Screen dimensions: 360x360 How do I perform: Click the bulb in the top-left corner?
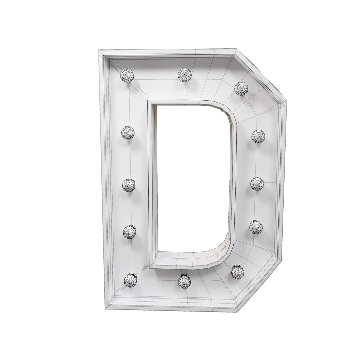(x=127, y=75)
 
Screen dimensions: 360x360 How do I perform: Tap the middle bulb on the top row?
(x=184, y=75)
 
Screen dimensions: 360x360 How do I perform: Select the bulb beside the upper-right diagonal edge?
(x=241, y=88)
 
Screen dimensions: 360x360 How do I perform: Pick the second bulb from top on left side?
(x=128, y=133)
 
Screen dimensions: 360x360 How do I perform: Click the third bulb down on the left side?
(x=128, y=185)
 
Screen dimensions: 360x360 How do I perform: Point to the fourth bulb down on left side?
(x=129, y=232)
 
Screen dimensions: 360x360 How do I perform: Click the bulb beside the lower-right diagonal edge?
(x=238, y=272)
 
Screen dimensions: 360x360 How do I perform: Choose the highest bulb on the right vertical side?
(x=258, y=136)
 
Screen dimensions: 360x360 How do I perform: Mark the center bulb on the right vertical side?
(x=257, y=184)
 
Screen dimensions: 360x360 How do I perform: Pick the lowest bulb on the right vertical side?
(x=256, y=227)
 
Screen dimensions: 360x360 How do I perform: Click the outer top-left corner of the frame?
(x=99, y=51)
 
